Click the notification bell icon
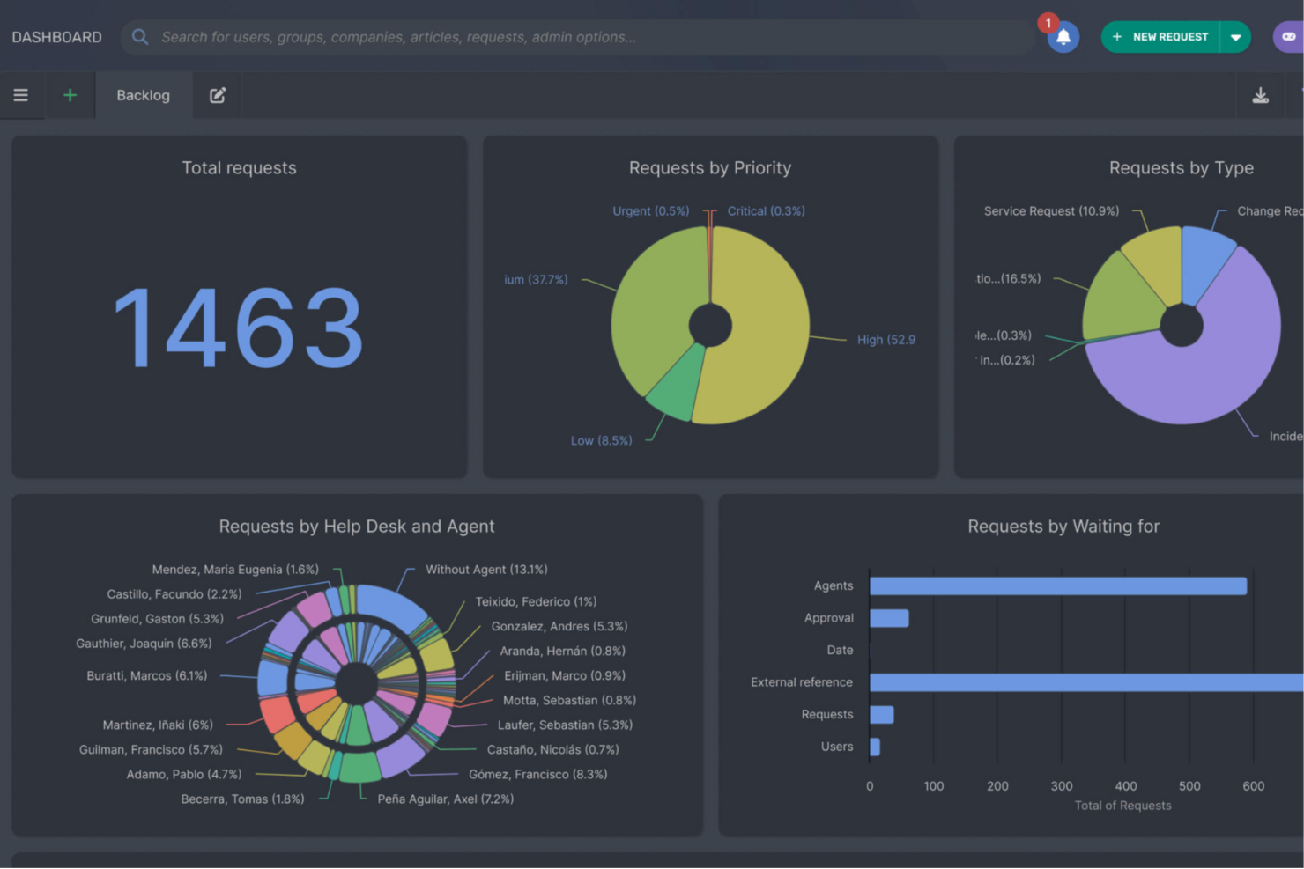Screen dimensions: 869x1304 [1063, 37]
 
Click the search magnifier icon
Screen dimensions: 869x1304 [139, 37]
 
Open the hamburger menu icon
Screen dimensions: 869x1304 [20, 95]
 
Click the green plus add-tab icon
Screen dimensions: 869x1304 [70, 95]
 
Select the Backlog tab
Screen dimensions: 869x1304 [143, 95]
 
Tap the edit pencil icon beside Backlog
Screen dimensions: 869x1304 [218, 95]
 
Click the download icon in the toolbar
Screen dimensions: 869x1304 [1260, 95]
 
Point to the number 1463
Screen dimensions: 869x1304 [239, 328]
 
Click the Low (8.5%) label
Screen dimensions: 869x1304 [601, 440]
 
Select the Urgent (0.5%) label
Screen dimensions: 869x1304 [650, 211]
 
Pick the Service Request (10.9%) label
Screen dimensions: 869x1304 [1051, 211]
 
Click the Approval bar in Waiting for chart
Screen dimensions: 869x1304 [888, 618]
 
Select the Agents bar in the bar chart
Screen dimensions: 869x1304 [1057, 586]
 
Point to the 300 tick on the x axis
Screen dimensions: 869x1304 [1062, 786]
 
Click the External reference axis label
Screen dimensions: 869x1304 [801, 682]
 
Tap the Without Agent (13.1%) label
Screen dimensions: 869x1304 [486, 570]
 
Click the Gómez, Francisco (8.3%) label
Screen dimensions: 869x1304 [537, 775]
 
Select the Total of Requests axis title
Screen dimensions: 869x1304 [1122, 806]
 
